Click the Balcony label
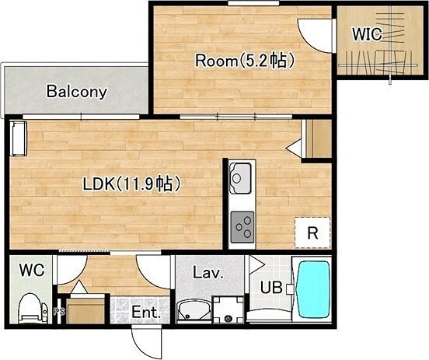tap(77, 92)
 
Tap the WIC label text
tap(367, 34)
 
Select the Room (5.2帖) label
tap(245, 61)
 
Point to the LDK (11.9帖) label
tap(132, 183)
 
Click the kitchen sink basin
tap(240, 178)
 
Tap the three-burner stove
tap(242, 227)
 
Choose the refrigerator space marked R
tap(312, 233)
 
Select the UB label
tap(271, 288)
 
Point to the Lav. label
tap(208, 272)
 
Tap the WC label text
tap(32, 271)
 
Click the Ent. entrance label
tap(146, 313)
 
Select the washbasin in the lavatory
tap(194, 311)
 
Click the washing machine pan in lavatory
tap(228, 309)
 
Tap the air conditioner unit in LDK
tap(19, 138)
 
